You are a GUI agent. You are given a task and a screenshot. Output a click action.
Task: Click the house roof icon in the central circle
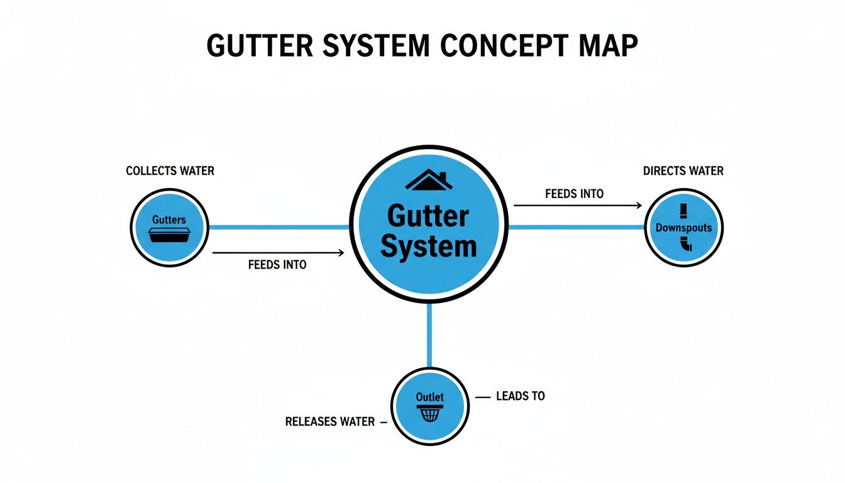click(x=429, y=181)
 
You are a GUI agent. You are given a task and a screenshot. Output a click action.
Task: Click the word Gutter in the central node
click(x=428, y=217)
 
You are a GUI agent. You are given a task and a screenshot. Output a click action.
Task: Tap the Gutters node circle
click(x=169, y=227)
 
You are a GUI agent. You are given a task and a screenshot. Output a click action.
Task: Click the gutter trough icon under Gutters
click(x=169, y=235)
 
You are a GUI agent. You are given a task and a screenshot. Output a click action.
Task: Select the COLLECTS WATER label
click(x=170, y=171)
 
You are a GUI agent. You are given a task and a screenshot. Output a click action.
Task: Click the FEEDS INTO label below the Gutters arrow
click(x=277, y=265)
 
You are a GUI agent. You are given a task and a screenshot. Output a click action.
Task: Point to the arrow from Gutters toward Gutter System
click(x=279, y=253)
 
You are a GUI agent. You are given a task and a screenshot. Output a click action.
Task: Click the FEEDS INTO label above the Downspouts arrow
click(x=574, y=194)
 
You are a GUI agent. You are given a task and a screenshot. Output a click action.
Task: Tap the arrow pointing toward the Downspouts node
click(x=577, y=205)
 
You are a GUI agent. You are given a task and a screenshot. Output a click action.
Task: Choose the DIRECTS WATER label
click(x=683, y=171)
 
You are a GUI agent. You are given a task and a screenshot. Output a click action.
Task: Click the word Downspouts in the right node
click(x=683, y=228)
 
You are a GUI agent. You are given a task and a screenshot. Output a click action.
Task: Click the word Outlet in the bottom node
click(x=429, y=397)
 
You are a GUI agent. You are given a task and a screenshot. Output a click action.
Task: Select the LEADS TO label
click(x=520, y=396)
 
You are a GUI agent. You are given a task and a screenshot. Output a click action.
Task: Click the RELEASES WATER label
click(x=330, y=421)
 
